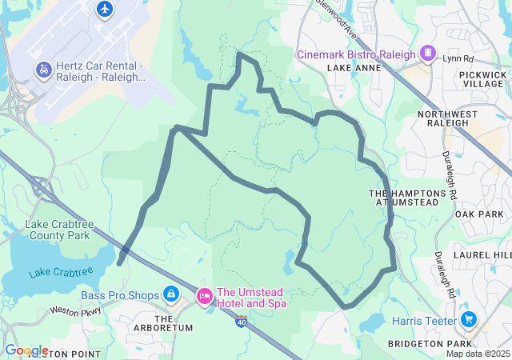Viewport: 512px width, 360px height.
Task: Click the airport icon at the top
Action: click(x=105, y=9)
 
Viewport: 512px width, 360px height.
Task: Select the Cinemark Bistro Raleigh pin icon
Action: click(x=429, y=54)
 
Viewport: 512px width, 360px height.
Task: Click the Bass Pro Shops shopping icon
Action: click(x=170, y=295)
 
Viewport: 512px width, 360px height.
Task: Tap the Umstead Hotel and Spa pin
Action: click(x=204, y=297)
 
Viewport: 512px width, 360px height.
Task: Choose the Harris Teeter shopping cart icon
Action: click(x=469, y=321)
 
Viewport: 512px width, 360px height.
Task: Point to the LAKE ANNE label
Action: click(x=350, y=69)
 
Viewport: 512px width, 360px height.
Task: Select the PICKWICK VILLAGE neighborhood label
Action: click(x=482, y=79)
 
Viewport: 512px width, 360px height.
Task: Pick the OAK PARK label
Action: click(x=478, y=214)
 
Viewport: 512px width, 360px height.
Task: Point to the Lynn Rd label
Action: click(x=458, y=59)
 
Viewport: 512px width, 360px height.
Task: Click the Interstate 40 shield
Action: click(x=242, y=320)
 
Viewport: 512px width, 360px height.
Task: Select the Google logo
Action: click(x=26, y=350)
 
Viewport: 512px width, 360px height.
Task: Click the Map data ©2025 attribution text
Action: click(x=478, y=354)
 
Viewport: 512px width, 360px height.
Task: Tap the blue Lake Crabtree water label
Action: click(x=61, y=273)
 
